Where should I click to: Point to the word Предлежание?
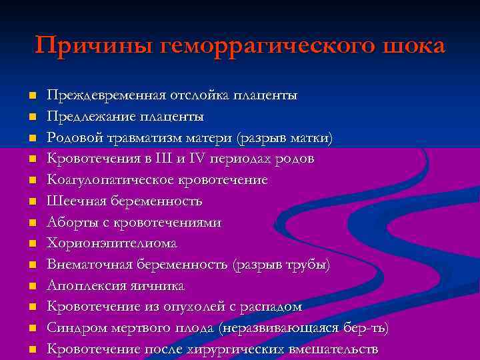[84, 117]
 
